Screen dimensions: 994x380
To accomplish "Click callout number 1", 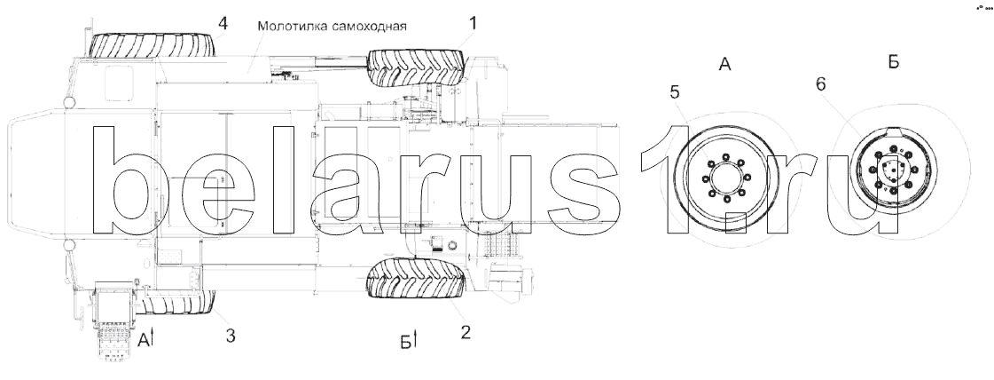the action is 473,24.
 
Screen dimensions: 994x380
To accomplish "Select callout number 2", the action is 466,332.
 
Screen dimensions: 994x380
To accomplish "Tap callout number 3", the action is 231,336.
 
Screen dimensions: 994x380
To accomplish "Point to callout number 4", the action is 223,23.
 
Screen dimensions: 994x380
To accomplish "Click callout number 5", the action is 675,92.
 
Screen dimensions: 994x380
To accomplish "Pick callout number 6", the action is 821,83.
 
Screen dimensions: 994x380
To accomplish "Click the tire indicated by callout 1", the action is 417,67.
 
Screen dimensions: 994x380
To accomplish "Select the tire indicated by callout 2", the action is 417,278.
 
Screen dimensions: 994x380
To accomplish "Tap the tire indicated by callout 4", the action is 153,45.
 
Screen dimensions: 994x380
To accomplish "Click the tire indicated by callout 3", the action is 177,303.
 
